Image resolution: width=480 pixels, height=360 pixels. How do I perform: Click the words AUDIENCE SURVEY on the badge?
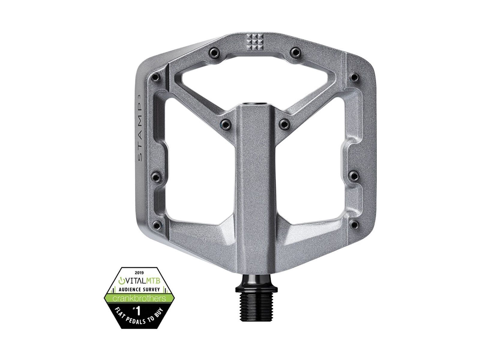coord(138,290)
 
